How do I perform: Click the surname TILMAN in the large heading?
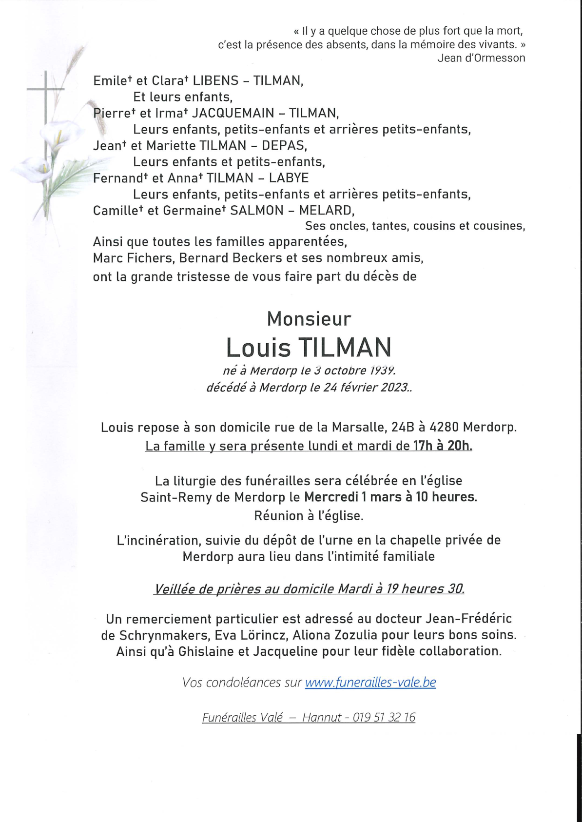345,348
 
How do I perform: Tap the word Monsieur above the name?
309,319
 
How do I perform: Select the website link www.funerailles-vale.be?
370,682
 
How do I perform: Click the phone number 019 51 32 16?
384,717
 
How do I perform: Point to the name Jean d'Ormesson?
481,58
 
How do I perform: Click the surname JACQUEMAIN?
233,113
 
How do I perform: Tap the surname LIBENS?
216,80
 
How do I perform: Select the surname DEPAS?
284,146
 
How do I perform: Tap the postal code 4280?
444,428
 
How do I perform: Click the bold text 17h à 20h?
443,446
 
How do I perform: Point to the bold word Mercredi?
331,497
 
